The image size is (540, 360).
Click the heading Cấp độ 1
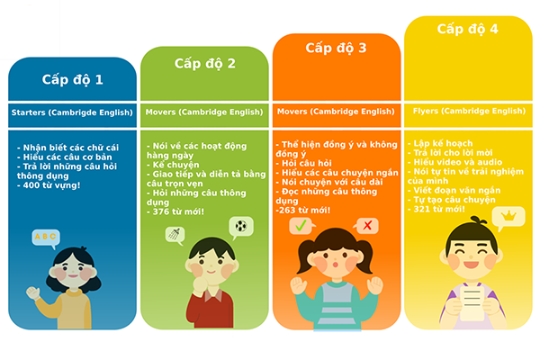(x=72, y=79)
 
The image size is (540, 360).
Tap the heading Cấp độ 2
(x=204, y=63)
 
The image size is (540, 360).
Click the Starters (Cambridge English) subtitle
(x=71, y=112)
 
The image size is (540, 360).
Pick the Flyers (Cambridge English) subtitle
(x=468, y=111)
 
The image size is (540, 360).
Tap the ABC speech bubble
(x=44, y=238)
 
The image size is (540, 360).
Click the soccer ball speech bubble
(x=240, y=226)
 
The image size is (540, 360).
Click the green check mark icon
(x=300, y=226)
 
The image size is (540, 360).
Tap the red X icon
(x=367, y=225)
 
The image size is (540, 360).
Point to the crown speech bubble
(x=510, y=216)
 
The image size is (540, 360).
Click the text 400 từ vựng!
(x=51, y=185)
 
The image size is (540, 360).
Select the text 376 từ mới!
(x=178, y=211)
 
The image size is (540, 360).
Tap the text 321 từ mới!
(x=439, y=209)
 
